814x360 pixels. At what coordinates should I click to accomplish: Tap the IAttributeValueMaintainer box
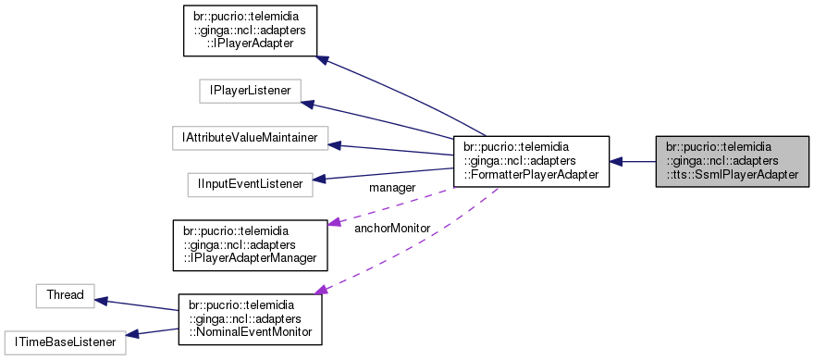coord(250,138)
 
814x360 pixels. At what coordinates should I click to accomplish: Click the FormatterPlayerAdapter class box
coord(530,161)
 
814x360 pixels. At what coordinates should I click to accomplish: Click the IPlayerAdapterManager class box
coord(251,244)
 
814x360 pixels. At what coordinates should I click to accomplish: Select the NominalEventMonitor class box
coord(250,319)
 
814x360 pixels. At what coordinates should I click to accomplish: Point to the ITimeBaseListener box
coord(64,342)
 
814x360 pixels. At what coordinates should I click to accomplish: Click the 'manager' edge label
coord(391,188)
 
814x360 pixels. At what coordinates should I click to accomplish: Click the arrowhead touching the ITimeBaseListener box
coord(131,335)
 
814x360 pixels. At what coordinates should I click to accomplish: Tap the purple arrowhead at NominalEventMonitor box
coord(321,291)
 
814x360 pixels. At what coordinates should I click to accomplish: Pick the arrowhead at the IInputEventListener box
coord(319,178)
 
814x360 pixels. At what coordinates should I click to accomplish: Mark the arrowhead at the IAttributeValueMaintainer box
coord(335,145)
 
